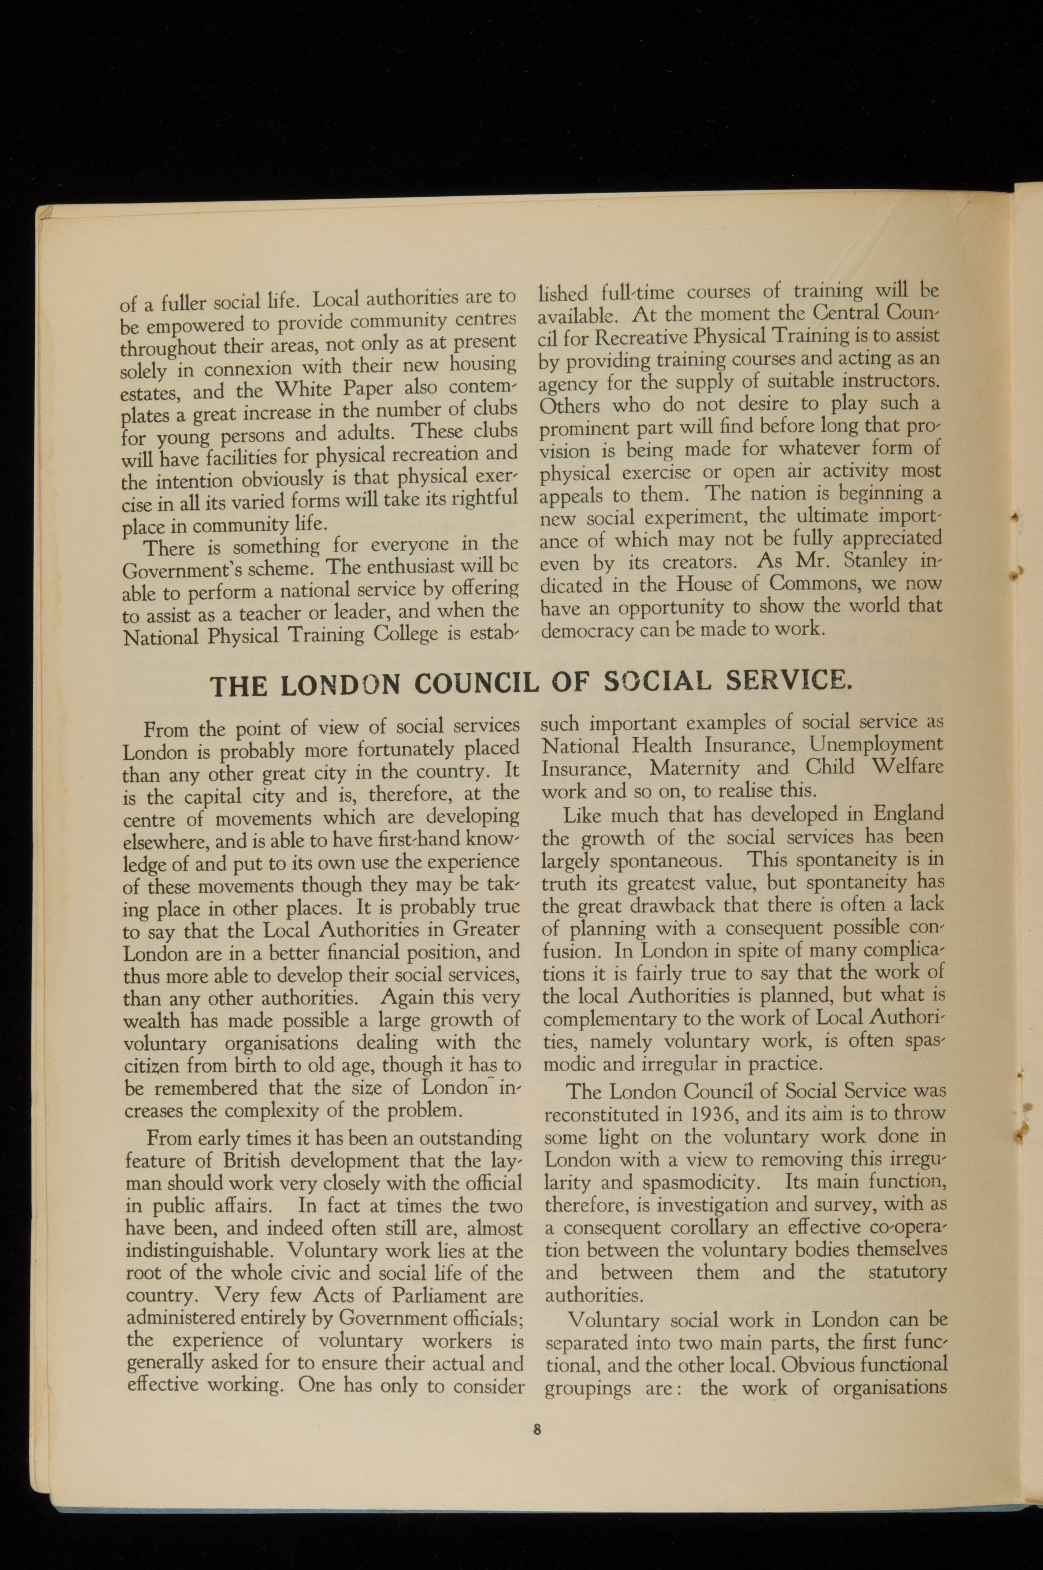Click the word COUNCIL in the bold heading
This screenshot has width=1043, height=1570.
480,683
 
